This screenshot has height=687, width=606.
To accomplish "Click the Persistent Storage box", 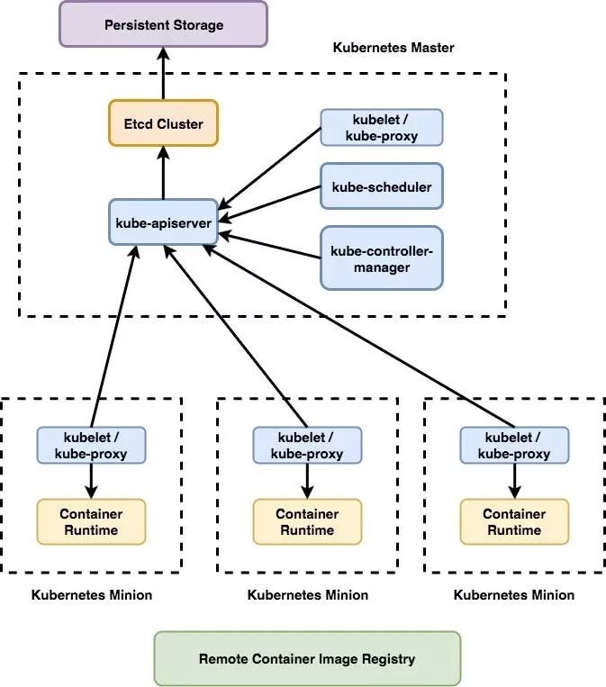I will [163, 24].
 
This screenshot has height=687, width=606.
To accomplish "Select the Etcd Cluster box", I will [163, 123].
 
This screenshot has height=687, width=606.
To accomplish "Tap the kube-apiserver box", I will [163, 221].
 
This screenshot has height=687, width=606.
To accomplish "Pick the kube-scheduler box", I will [382, 188].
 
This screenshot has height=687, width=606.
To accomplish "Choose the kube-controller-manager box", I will [382, 258].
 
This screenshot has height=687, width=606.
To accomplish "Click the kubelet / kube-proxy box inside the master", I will [382, 128].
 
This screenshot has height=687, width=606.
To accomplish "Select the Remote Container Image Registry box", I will [307, 659].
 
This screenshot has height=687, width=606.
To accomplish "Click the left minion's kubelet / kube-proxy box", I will [91, 446].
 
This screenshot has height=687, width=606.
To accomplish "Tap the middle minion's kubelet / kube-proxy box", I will [307, 446].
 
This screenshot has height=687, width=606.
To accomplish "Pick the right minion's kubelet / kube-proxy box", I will [514, 446].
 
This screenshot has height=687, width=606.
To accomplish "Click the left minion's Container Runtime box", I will [91, 522].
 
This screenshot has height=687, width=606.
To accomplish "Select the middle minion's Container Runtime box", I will [307, 522].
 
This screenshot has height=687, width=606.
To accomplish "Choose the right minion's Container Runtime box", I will [514, 522].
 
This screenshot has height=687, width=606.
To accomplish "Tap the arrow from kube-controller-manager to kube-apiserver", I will [270, 246].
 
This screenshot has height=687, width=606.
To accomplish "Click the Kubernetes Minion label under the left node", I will [91, 595].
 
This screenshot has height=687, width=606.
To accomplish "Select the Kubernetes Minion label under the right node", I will [514, 595].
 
